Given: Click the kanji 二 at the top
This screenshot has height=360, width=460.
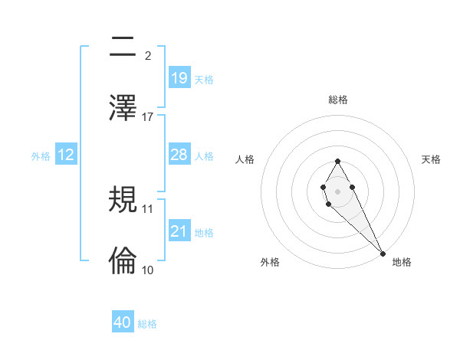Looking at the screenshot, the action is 123,47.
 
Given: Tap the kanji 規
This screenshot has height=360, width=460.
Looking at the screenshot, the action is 123,201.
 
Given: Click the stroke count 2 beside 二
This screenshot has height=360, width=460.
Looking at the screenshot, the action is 148,55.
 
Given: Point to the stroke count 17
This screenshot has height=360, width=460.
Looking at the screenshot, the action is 148,116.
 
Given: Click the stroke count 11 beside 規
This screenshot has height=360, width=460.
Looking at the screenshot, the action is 148,208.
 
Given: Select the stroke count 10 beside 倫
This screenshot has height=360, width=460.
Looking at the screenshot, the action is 148,270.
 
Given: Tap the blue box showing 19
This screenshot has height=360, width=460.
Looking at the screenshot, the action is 179,77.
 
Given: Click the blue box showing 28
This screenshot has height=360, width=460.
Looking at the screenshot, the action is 179,154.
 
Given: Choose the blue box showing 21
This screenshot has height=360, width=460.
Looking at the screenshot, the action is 179,231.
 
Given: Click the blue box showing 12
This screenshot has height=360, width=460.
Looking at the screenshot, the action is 65,155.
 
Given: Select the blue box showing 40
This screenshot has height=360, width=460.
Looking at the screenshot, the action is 123,322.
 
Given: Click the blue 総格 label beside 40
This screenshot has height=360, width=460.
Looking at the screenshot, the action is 147,324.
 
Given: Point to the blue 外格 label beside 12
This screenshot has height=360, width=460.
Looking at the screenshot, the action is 41,156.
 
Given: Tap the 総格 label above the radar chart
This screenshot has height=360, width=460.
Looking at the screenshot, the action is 337,100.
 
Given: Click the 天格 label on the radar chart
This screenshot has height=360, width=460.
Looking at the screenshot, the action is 432,159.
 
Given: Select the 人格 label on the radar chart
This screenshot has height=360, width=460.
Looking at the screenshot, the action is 245,159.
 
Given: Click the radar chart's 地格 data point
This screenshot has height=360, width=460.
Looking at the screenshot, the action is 383,253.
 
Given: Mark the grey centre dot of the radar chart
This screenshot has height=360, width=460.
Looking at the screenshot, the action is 337,190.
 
